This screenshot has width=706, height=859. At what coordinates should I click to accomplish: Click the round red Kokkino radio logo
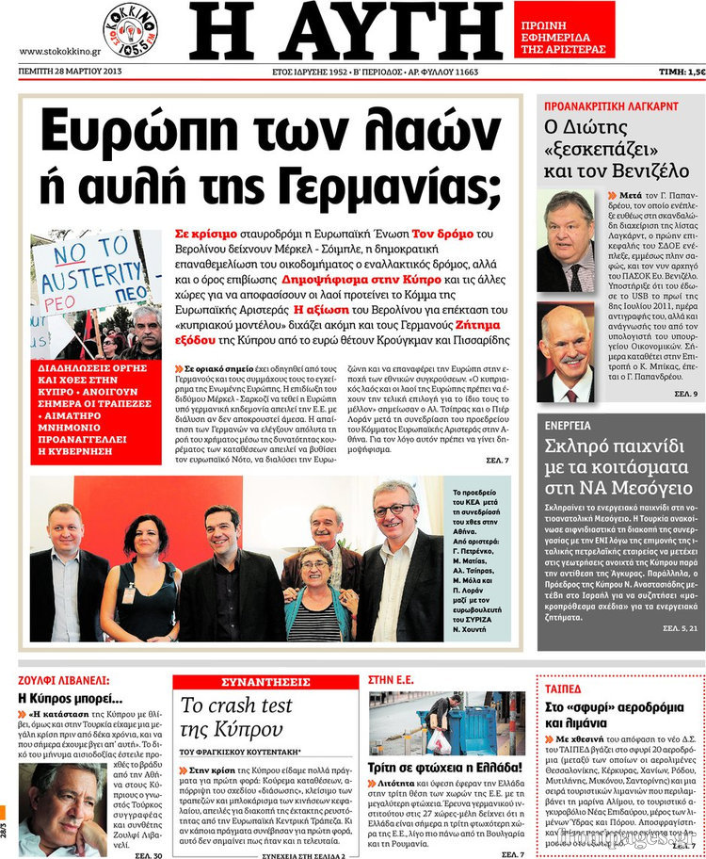130,29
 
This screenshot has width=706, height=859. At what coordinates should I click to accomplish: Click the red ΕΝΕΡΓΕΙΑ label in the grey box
568,399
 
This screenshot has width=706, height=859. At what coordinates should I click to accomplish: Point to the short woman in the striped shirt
314,593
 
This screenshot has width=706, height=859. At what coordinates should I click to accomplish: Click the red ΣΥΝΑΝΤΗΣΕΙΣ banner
265,681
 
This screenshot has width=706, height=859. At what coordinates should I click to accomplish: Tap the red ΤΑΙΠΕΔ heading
566,688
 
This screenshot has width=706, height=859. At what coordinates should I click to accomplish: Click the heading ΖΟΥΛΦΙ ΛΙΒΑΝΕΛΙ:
63,679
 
